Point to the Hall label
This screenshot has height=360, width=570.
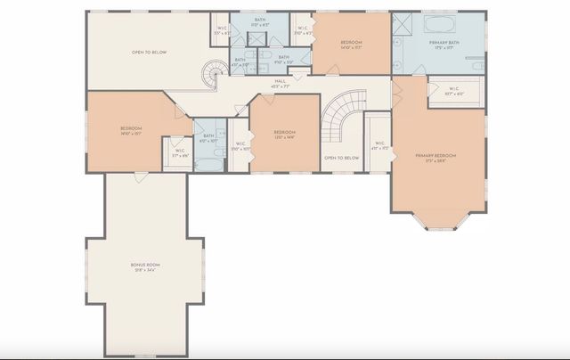(280, 84)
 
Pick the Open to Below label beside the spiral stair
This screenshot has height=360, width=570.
(150, 53)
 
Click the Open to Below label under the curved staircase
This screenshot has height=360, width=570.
(341, 158)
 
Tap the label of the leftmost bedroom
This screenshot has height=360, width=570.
(132, 131)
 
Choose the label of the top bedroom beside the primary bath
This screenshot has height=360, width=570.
(351, 45)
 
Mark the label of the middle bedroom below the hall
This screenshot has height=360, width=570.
(284, 135)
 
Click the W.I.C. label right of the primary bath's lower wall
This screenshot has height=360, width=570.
(453, 90)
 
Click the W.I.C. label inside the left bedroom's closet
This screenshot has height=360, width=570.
(180, 152)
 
